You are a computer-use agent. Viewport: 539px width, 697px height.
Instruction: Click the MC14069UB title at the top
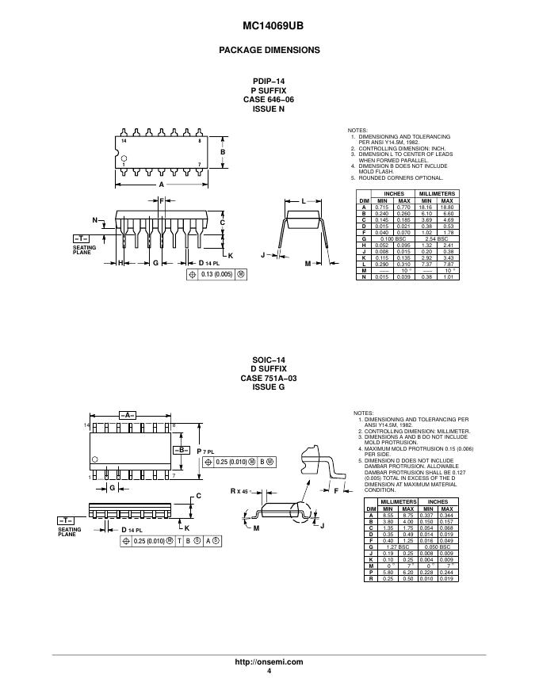(269, 25)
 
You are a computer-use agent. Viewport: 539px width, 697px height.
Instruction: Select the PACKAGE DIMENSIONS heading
(269, 50)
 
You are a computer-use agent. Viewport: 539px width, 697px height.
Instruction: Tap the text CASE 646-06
(269, 99)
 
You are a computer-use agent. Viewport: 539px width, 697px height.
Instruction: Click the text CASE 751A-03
(269, 379)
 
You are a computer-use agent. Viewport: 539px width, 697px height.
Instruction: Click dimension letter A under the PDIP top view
(161, 184)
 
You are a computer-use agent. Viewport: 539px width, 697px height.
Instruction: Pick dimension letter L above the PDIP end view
(303, 203)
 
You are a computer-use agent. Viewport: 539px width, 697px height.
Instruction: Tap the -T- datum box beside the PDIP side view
(82, 238)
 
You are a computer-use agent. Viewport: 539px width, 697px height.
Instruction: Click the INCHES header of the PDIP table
(394, 194)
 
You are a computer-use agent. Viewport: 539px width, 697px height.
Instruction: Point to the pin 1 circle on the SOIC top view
(95, 459)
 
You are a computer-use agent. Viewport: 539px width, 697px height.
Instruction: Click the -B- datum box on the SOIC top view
(181, 449)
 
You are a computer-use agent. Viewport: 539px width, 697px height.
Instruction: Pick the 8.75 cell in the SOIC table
(408, 516)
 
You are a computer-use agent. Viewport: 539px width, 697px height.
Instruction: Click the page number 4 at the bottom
(269, 671)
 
